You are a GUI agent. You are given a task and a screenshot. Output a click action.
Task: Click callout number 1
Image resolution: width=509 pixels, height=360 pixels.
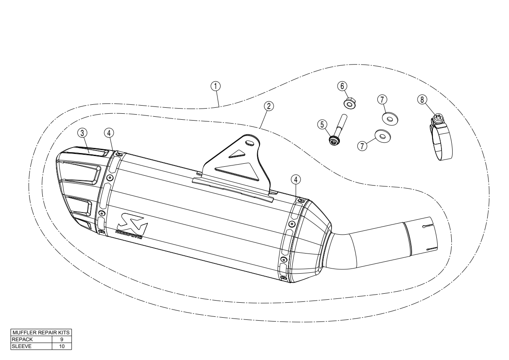[x=215, y=86]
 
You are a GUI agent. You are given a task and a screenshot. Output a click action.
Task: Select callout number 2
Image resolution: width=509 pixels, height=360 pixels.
[x=268, y=106]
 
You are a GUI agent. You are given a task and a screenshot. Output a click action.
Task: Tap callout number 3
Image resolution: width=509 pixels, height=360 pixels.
[x=82, y=133]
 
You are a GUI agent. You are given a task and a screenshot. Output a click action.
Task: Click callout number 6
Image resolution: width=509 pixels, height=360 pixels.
[x=342, y=86]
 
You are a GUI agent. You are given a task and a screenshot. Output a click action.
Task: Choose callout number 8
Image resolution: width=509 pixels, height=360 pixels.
[x=422, y=99]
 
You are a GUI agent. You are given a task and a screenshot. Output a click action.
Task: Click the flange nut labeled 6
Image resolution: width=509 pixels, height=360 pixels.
[x=349, y=103]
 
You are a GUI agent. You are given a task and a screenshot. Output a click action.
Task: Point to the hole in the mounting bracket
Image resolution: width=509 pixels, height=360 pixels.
[x=250, y=143]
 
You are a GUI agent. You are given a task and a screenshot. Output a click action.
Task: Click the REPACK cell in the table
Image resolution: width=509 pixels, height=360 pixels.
[x=31, y=339]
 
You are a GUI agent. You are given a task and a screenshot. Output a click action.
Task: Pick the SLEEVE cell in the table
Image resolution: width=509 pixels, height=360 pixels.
[x=31, y=346]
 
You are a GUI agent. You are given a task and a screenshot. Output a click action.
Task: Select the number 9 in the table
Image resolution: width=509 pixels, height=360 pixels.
[x=62, y=339]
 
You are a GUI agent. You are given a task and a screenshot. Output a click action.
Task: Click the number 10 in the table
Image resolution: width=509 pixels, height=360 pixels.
[x=62, y=346]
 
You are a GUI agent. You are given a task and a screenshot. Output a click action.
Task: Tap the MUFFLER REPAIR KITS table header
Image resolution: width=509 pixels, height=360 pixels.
[x=41, y=332]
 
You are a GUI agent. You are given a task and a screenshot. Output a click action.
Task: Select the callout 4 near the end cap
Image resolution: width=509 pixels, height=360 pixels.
[x=109, y=133]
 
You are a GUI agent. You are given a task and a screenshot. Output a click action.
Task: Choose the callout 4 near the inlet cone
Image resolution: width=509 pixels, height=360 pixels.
[x=296, y=179]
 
